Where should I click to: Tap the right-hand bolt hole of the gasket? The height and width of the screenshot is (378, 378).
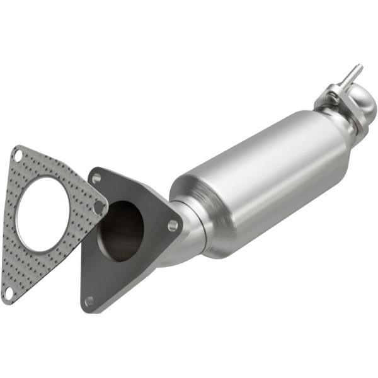[98, 206]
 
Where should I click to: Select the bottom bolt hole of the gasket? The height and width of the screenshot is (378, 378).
[8, 292]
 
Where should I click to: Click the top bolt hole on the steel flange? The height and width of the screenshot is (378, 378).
[96, 179]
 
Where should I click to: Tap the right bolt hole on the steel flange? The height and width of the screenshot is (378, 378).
[172, 225]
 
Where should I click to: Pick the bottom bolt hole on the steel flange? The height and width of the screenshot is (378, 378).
[89, 301]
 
